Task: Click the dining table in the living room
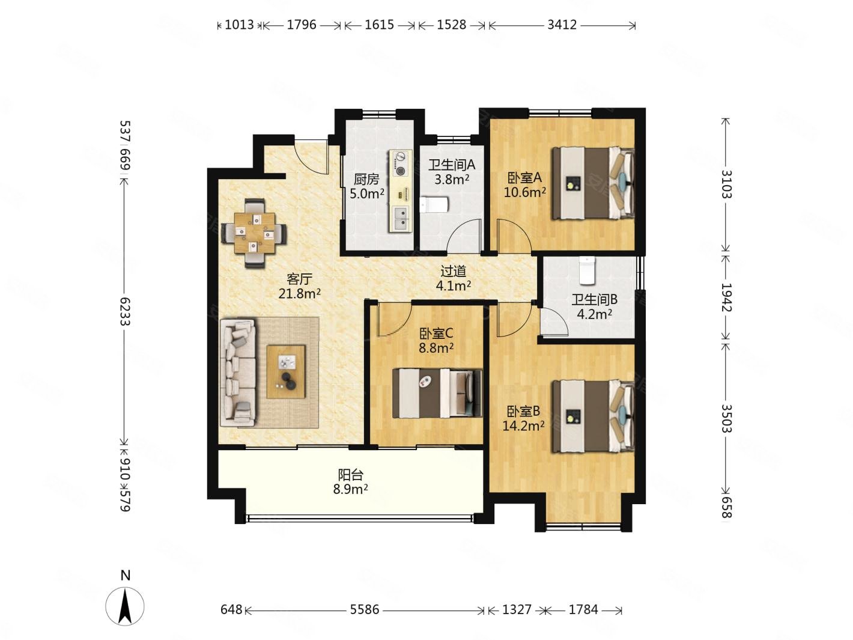(x=253, y=233)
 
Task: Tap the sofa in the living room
(x=238, y=373)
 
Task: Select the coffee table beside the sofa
(x=285, y=372)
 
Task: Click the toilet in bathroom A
(x=434, y=204)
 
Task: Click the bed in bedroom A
(x=593, y=183)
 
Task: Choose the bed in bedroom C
(x=437, y=393)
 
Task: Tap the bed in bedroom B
(x=593, y=416)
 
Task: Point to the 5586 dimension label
(x=364, y=609)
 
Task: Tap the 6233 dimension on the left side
(x=124, y=311)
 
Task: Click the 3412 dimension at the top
(x=562, y=25)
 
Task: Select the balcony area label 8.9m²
(x=350, y=489)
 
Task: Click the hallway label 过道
(x=453, y=271)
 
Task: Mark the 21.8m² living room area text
(x=299, y=293)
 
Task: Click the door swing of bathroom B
(x=554, y=321)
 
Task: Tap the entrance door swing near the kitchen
(x=312, y=158)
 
